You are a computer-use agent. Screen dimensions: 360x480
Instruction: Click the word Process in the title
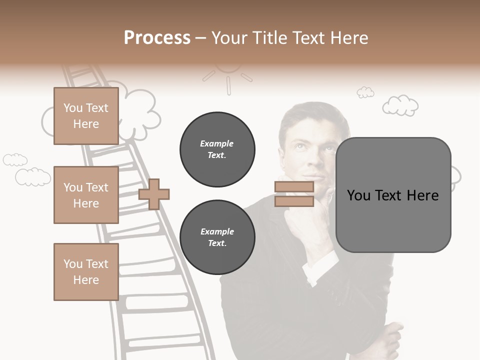(x=157, y=38)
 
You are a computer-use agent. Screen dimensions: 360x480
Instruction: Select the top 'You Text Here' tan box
(x=86, y=116)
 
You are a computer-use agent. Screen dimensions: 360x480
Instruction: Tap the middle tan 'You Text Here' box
(x=86, y=195)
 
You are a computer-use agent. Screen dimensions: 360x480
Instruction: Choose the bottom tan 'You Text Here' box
(x=86, y=272)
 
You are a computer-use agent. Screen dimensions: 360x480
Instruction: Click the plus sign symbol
(x=154, y=194)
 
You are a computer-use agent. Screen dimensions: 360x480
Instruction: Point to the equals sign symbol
(x=294, y=194)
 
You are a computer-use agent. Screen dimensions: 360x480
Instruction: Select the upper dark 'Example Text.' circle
(x=217, y=149)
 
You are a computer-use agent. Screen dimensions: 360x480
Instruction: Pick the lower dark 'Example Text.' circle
(x=217, y=237)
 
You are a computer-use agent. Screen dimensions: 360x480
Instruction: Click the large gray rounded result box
(x=393, y=195)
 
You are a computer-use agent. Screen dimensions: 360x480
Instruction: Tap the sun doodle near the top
(x=228, y=75)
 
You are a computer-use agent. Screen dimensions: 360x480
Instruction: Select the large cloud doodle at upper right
(x=400, y=105)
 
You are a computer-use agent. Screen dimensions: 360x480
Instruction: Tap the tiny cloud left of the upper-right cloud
(x=365, y=92)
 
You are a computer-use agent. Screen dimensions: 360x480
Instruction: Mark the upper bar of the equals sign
(x=294, y=187)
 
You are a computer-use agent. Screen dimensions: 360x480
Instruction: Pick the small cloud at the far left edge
(x=15, y=159)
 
